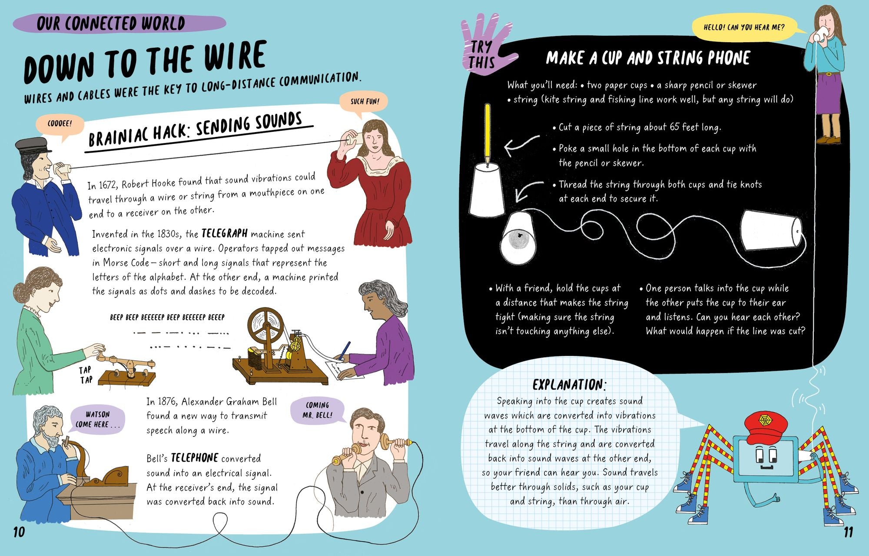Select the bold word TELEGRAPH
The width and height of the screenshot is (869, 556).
pyautogui.click(x=224, y=234)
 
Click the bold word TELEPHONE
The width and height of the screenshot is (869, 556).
pyautogui.click(x=194, y=458)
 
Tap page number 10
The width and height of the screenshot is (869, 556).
pyautogui.click(x=19, y=532)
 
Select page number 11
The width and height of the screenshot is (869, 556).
pyautogui.click(x=848, y=532)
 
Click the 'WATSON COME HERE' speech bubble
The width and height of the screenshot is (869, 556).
pyautogui.click(x=96, y=419)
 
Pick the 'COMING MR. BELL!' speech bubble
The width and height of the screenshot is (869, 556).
pyautogui.click(x=317, y=410)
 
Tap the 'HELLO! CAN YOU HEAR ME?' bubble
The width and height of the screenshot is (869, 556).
pyautogui.click(x=744, y=27)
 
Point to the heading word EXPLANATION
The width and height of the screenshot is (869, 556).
pyautogui.click(x=569, y=385)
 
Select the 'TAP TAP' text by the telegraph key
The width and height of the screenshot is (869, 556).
pyautogui.click(x=86, y=375)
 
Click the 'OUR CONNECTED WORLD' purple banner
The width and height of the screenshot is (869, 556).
pyautogui.click(x=119, y=23)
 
